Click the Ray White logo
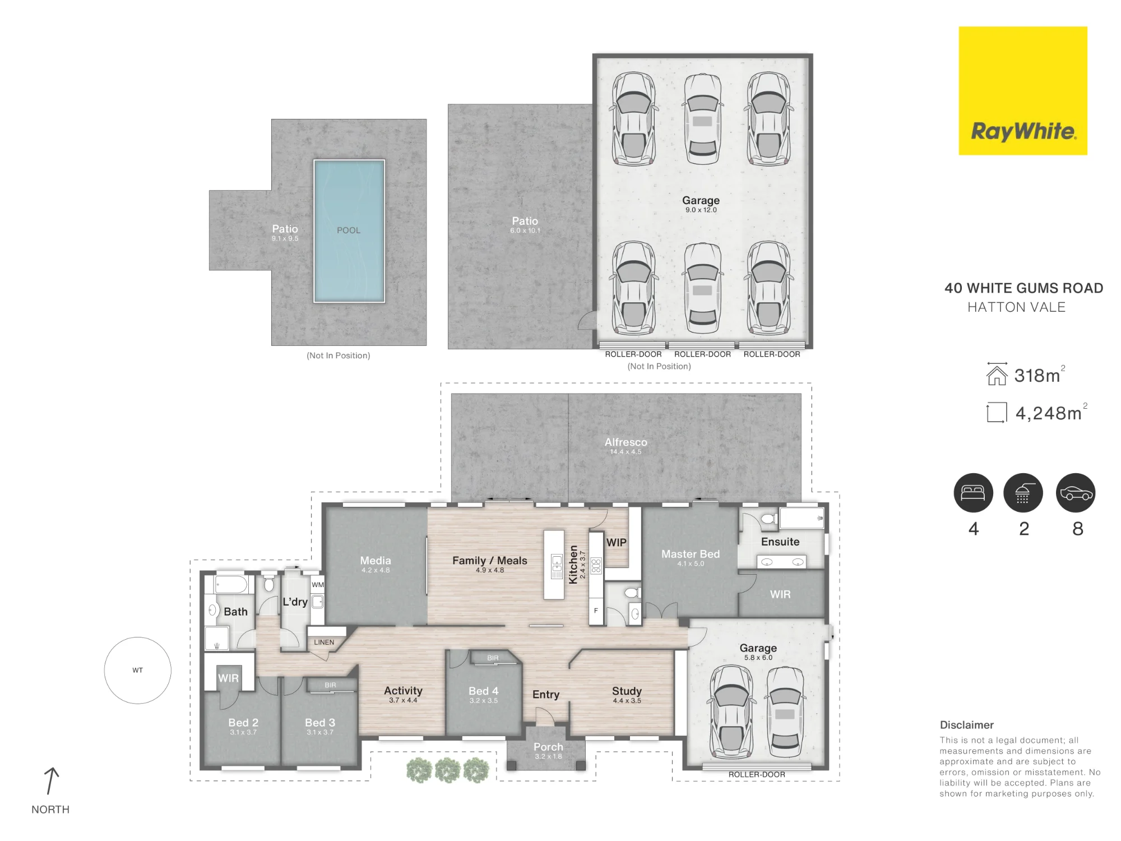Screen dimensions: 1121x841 pyautogui.click(x=1023, y=90)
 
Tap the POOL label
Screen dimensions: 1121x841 pyautogui.click(x=349, y=230)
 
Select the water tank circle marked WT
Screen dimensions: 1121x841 pyautogui.click(x=137, y=670)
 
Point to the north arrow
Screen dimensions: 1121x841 pyautogui.click(x=51, y=781)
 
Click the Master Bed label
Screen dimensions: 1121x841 pyautogui.click(x=691, y=554)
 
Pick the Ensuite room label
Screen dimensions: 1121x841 pyautogui.click(x=780, y=542)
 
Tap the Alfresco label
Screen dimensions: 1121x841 pyautogui.click(x=626, y=442)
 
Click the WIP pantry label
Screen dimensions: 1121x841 pyautogui.click(x=617, y=542)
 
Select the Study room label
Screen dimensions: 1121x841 pyautogui.click(x=627, y=691)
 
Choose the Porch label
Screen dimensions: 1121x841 pyautogui.click(x=548, y=747)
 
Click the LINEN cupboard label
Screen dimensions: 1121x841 pyautogui.click(x=324, y=643)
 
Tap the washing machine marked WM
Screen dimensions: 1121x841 pyautogui.click(x=318, y=585)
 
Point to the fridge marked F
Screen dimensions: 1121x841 pyautogui.click(x=596, y=611)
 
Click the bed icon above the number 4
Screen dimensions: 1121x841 pyautogui.click(x=974, y=493)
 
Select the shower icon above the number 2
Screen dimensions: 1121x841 pyautogui.click(x=1023, y=493)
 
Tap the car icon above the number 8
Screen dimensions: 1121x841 pyautogui.click(x=1076, y=493)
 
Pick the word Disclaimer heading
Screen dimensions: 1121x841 pyautogui.click(x=967, y=725)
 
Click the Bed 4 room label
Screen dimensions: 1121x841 pyautogui.click(x=483, y=691)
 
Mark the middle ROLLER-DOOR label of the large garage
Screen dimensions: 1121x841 pyautogui.click(x=702, y=354)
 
